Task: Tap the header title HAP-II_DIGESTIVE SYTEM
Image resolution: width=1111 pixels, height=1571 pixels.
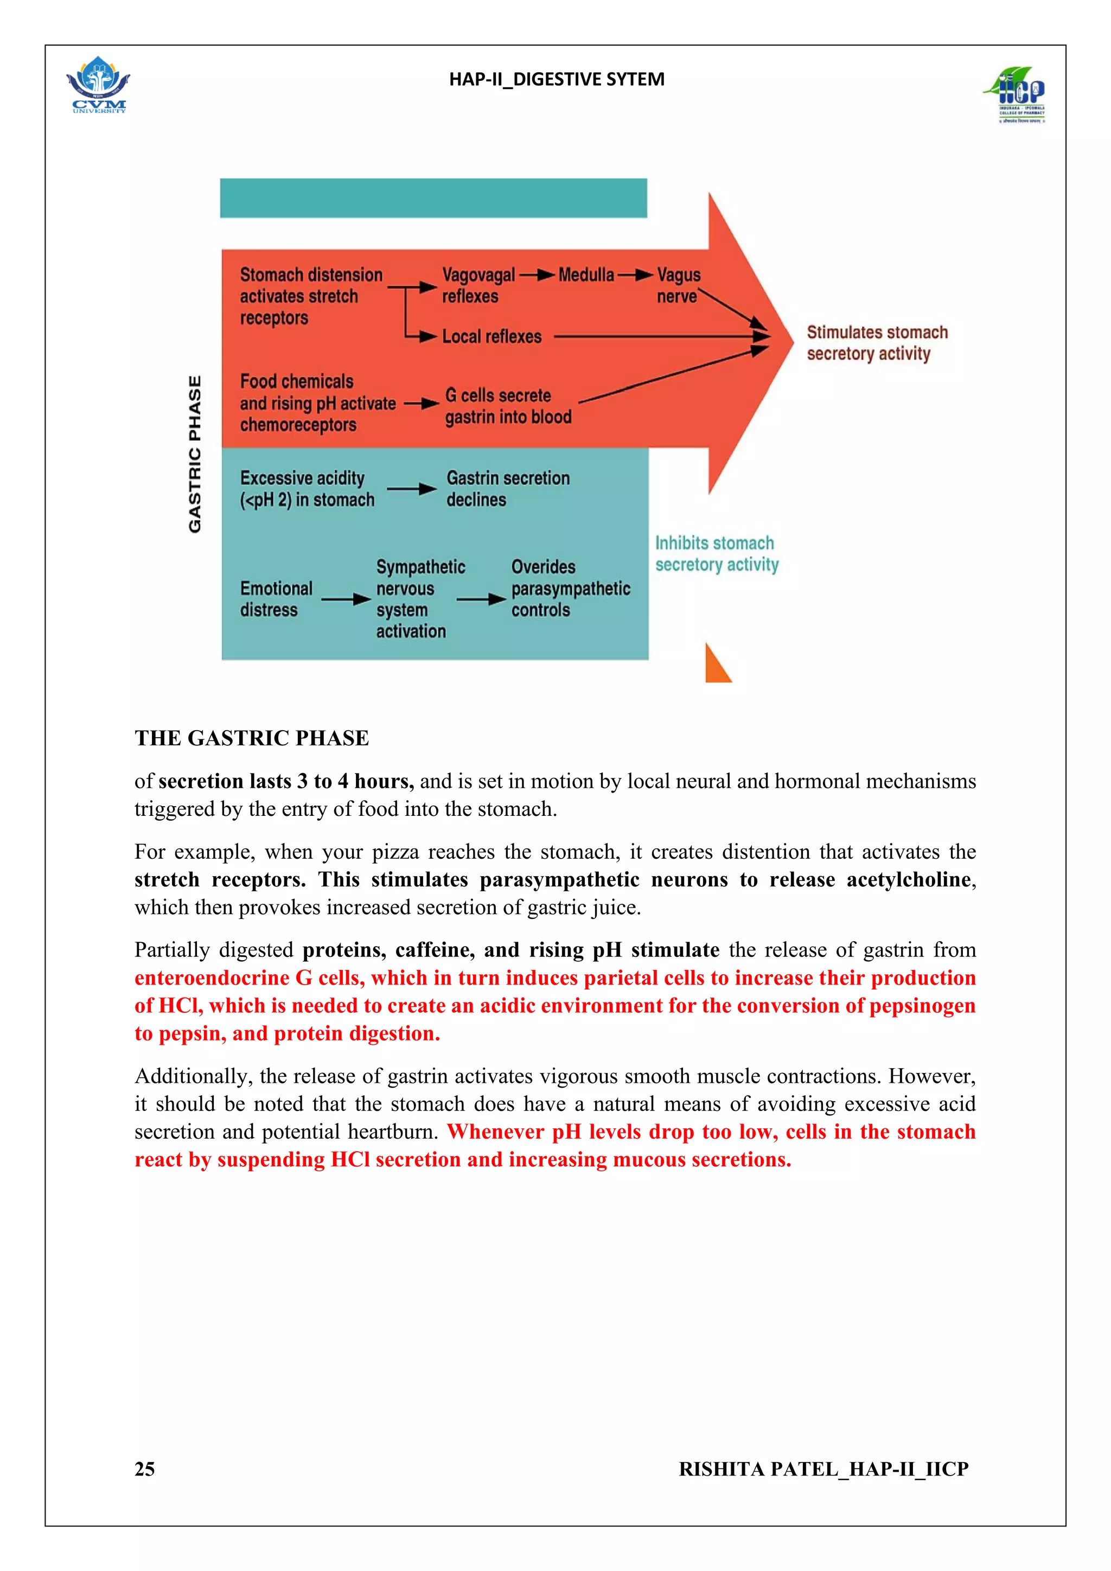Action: pyautogui.click(x=556, y=79)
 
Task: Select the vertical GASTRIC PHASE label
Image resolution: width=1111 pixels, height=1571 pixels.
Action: pyautogui.click(x=195, y=454)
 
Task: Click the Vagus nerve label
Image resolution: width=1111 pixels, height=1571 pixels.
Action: pyautogui.click(x=678, y=285)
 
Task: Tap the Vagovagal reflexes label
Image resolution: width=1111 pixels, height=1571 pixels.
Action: pyautogui.click(x=478, y=285)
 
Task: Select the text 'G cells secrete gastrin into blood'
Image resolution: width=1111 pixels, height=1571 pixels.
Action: pyautogui.click(x=508, y=406)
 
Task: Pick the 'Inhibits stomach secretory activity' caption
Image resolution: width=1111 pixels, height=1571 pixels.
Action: pyautogui.click(x=716, y=553)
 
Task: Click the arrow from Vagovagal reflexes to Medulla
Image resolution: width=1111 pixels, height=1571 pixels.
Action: pyautogui.click(x=537, y=275)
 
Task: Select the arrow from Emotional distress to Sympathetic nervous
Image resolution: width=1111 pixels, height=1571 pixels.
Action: pyautogui.click(x=346, y=599)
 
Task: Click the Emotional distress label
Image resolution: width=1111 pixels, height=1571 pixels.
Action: pyautogui.click(x=276, y=599)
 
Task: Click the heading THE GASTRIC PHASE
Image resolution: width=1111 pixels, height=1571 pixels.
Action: pyautogui.click(x=251, y=738)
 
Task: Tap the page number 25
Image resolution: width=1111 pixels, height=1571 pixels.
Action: pyautogui.click(x=144, y=1470)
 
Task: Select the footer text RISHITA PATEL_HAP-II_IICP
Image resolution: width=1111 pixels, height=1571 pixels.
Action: pyautogui.click(x=823, y=1470)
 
